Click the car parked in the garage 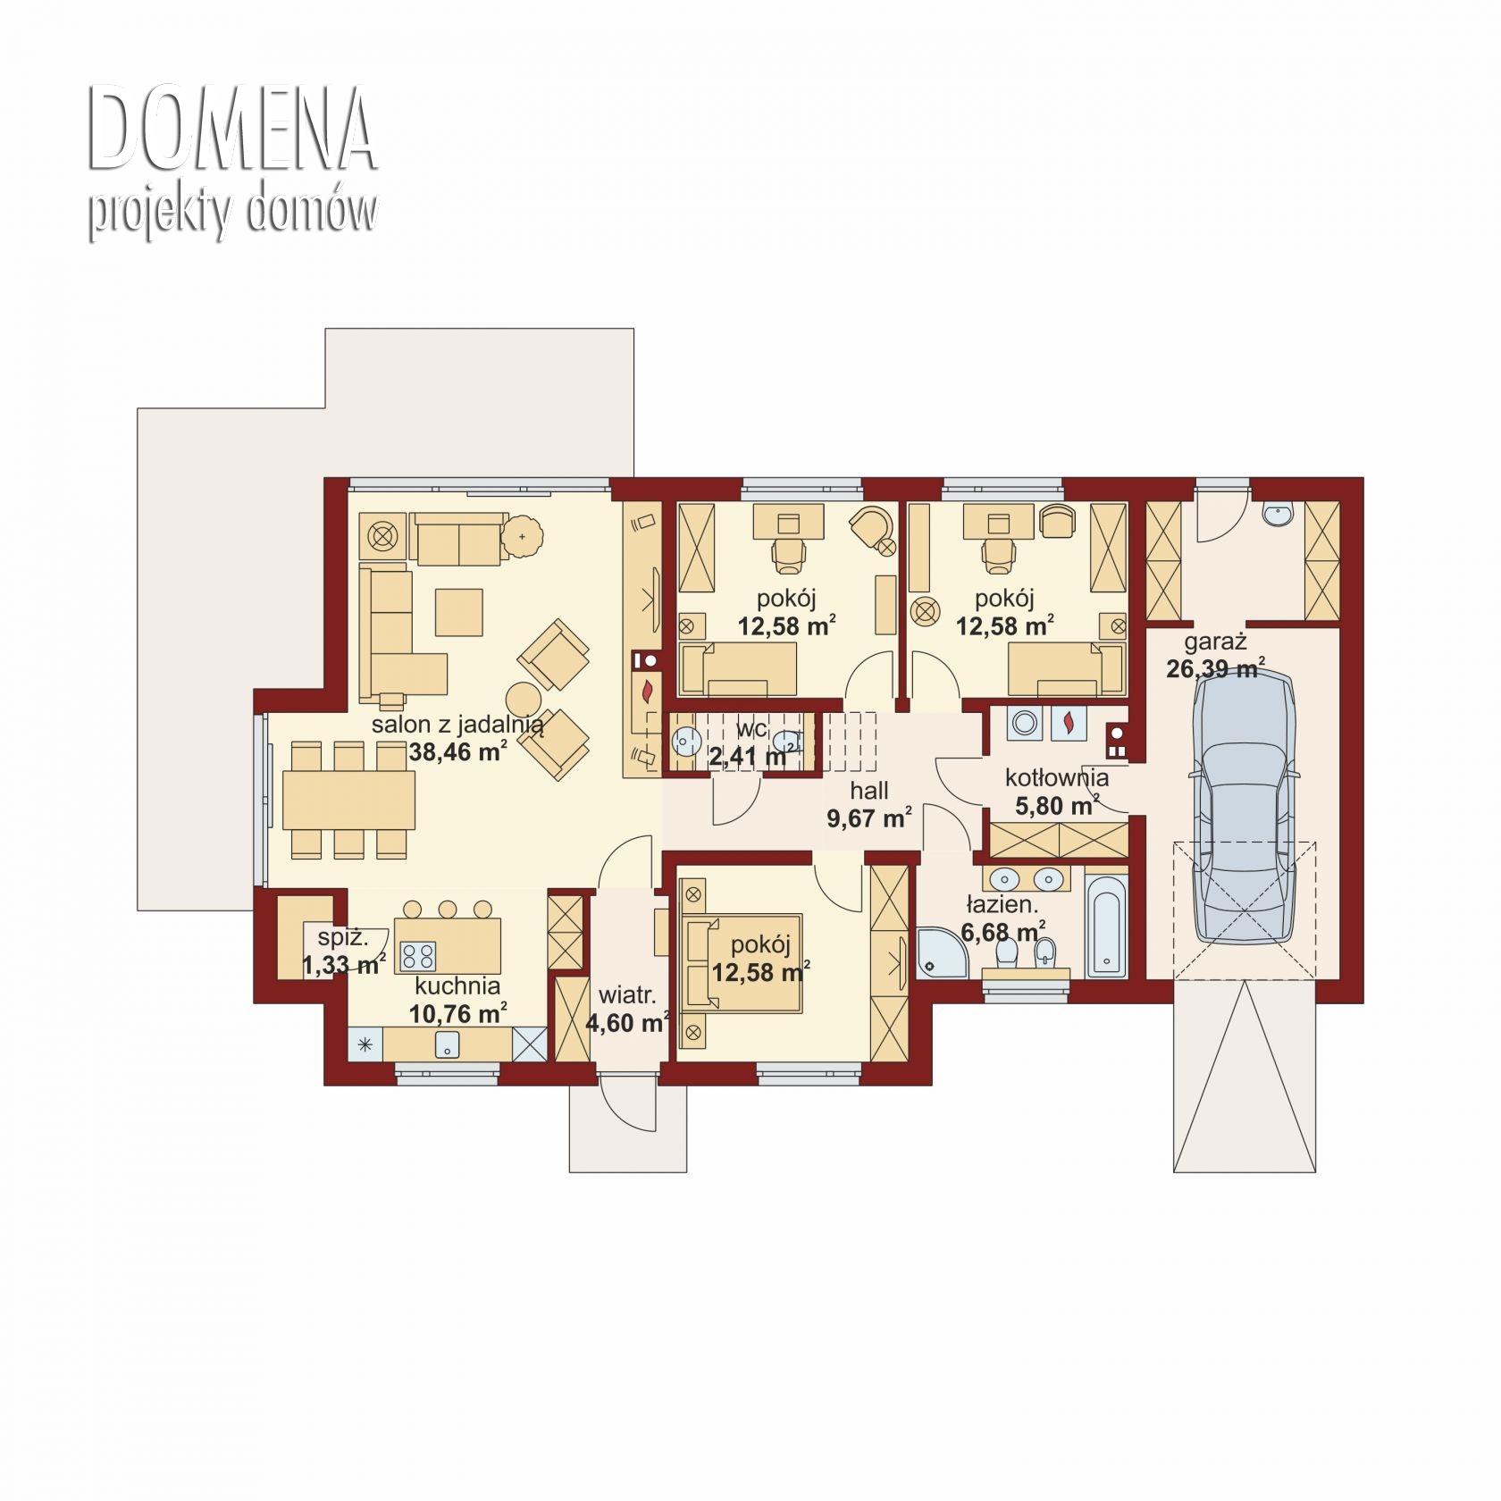[1244, 803]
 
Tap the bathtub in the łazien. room [1106, 926]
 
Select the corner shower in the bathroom [943, 952]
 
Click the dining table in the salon [348, 801]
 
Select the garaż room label [1215, 642]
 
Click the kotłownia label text [1057, 777]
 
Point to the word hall [868, 791]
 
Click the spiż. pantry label [343, 938]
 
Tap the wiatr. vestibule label [627, 995]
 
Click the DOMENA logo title [231, 130]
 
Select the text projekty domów [232, 213]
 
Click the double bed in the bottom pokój [742, 963]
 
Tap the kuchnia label [457, 985]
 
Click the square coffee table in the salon [458, 612]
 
